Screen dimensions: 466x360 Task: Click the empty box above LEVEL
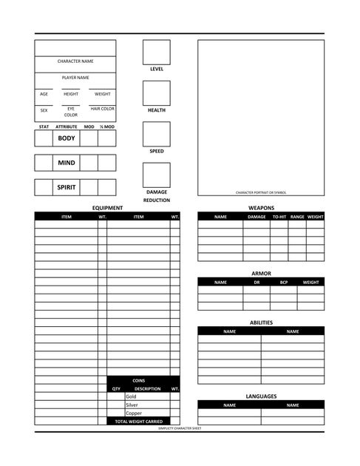point(156,52)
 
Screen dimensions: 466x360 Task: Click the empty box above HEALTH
point(156,93)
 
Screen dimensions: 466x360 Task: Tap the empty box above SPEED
point(156,134)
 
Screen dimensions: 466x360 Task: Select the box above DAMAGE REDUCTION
point(156,175)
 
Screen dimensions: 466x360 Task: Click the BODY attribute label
point(67,138)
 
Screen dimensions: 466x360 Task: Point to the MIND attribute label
point(67,163)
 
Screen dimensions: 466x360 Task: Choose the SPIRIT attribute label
point(67,187)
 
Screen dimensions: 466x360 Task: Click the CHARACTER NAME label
point(75,61)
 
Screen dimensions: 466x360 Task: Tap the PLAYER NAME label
point(75,78)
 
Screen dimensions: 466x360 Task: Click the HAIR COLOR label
point(102,109)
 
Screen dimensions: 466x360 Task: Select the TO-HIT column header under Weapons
point(279,217)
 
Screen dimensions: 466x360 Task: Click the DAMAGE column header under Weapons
point(257,217)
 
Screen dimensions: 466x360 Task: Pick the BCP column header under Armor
point(284,282)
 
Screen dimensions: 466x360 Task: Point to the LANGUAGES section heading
point(261,396)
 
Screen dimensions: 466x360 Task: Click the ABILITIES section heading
point(261,323)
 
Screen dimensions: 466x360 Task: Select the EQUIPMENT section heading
point(107,208)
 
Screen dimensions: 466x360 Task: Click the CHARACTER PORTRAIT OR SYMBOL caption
point(261,192)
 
